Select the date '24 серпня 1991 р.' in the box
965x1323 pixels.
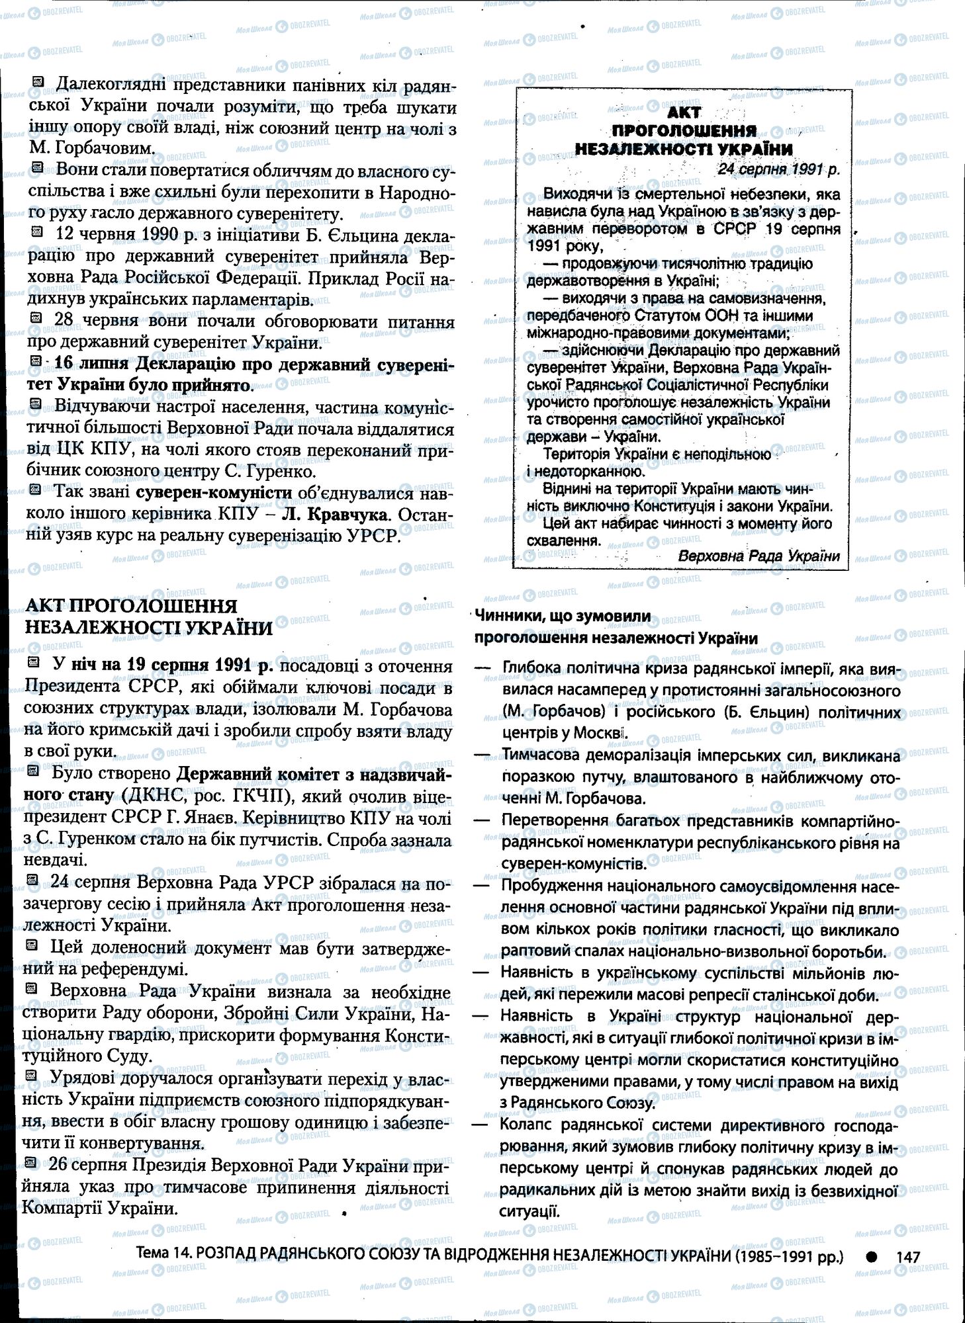click(x=778, y=169)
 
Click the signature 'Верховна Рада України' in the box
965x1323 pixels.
click(x=758, y=556)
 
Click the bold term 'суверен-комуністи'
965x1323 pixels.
click(x=214, y=493)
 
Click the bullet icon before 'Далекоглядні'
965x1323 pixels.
click(x=38, y=82)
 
